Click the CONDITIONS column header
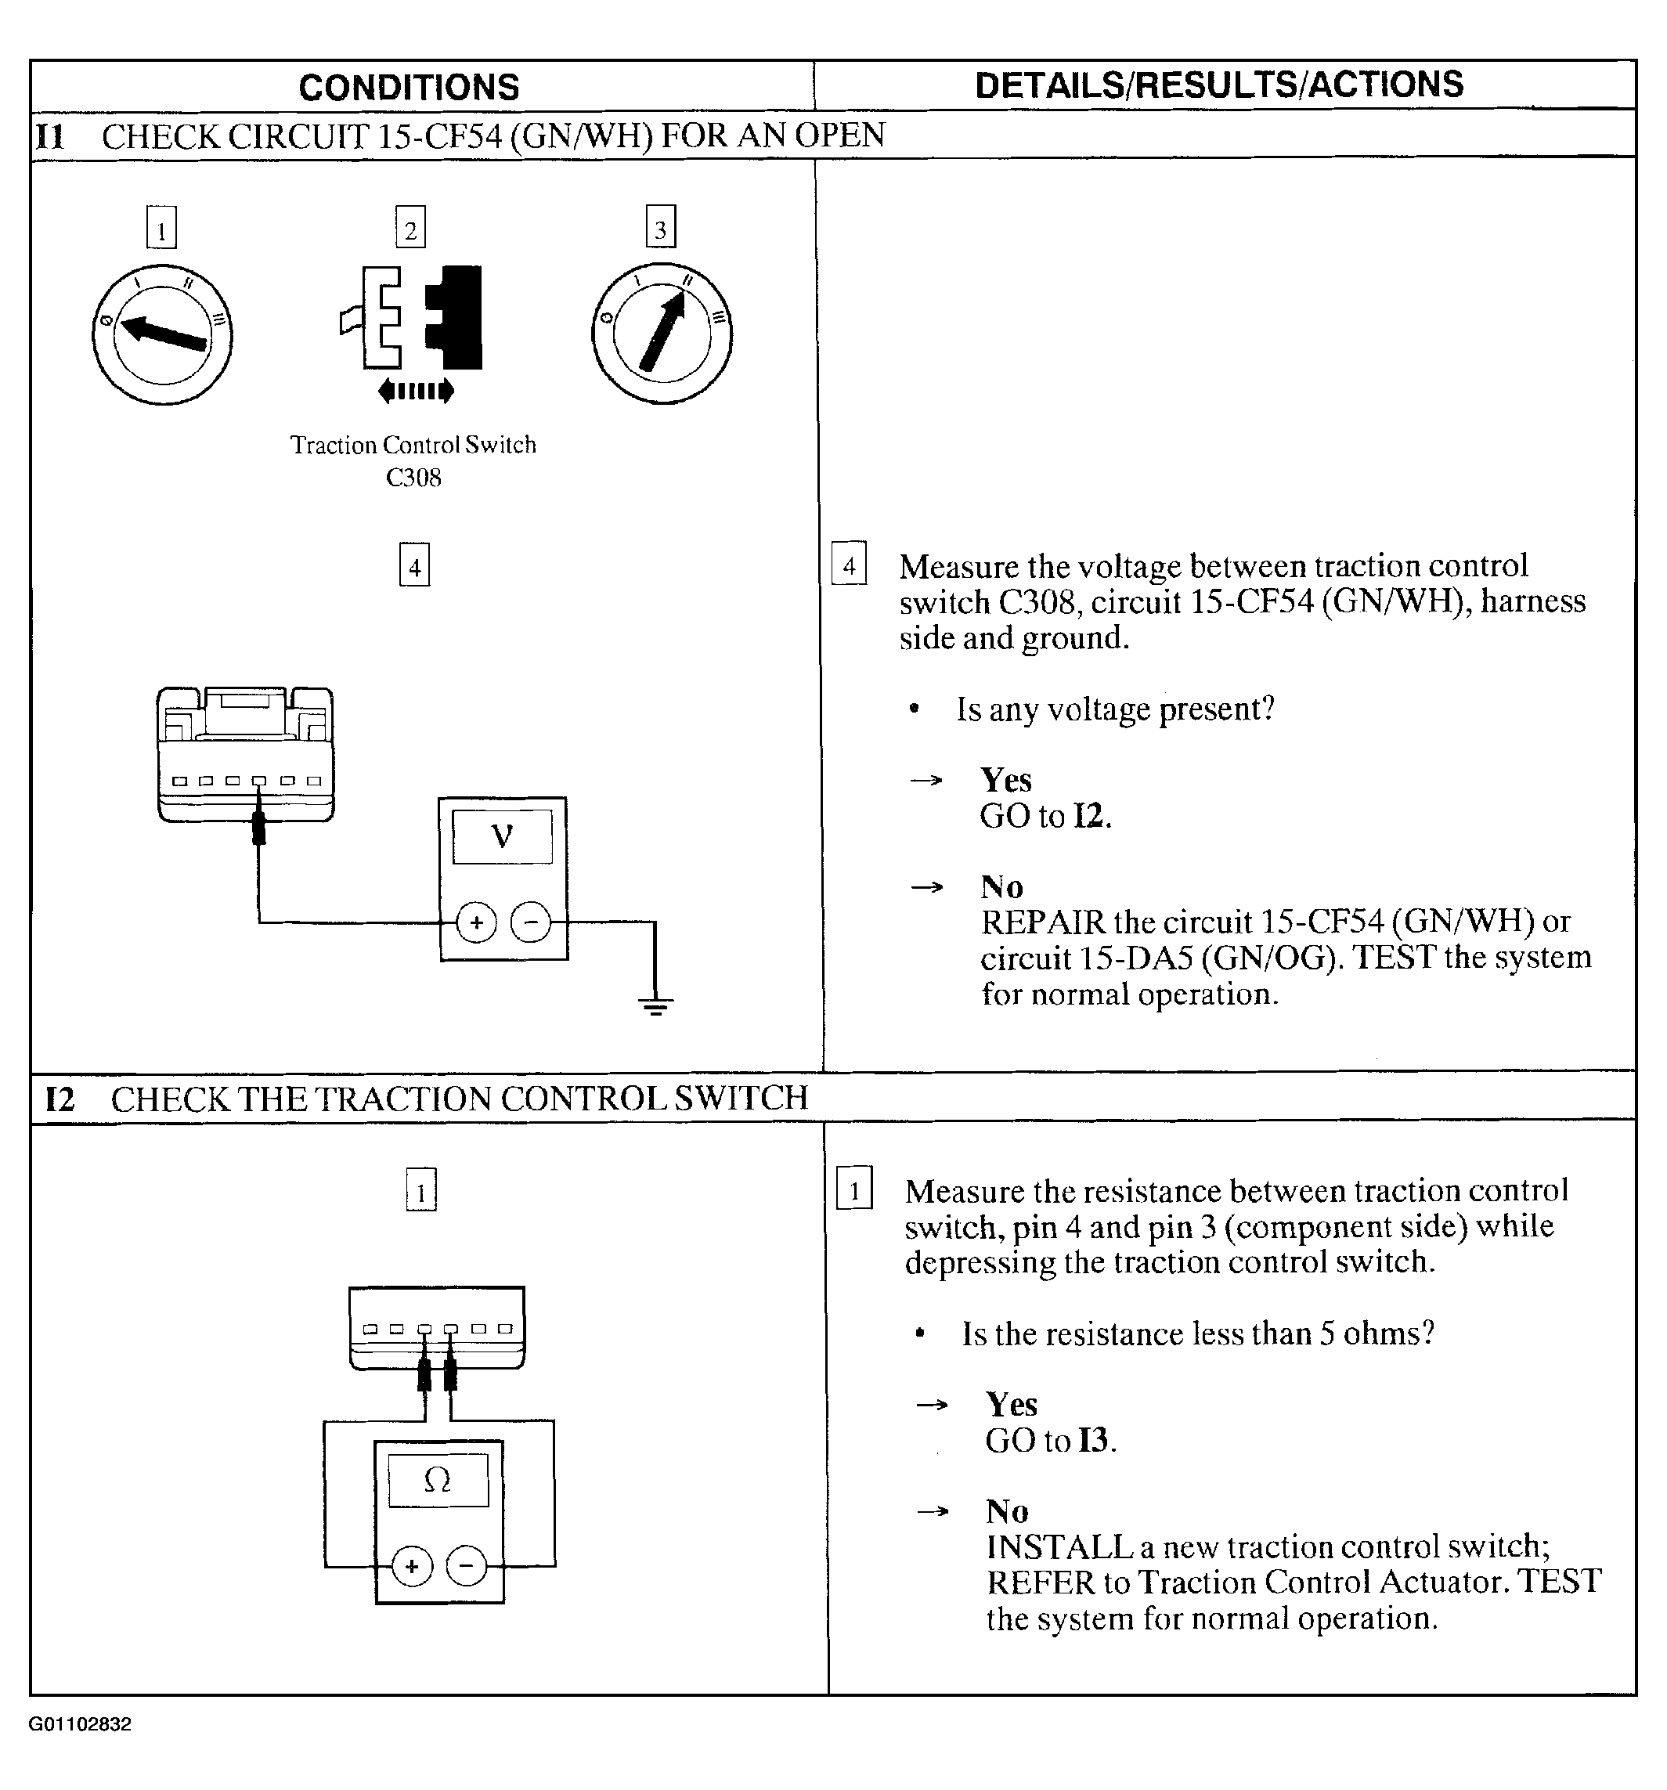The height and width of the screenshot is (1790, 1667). [409, 88]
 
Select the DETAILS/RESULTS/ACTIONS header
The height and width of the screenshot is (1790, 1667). [1218, 85]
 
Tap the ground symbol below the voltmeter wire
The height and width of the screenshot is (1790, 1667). [655, 1005]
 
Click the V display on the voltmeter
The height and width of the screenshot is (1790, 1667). [502, 836]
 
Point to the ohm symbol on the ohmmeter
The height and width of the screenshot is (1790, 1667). [437, 1479]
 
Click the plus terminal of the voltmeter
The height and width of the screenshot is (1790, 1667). [476, 922]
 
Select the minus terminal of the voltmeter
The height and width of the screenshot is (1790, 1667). [530, 922]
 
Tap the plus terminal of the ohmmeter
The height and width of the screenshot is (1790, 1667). [412, 1566]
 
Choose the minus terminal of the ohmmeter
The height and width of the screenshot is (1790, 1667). [466, 1566]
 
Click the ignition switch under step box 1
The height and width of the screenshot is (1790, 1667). [162, 334]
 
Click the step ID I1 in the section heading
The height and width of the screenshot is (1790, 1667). [50, 137]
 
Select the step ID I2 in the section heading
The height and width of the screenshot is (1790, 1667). [60, 1099]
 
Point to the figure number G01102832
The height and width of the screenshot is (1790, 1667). [80, 1723]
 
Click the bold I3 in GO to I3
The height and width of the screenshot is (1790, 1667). [1093, 1441]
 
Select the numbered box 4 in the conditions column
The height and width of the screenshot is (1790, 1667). [414, 566]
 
